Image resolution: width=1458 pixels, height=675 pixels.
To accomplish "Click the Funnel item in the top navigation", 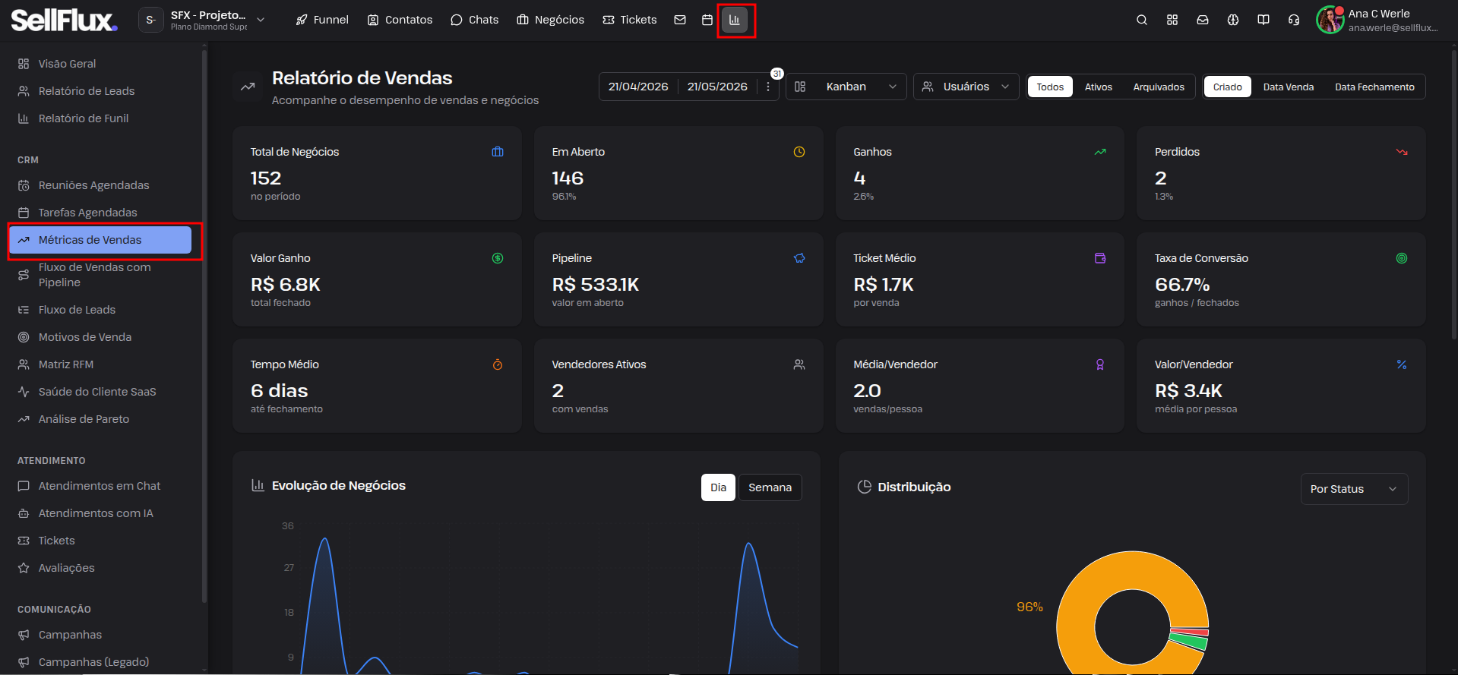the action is point(322,20).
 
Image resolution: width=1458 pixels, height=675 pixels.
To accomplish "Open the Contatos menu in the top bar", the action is point(400,20).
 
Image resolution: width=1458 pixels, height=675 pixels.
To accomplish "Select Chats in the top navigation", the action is point(475,20).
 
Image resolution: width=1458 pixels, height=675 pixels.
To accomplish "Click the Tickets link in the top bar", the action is point(630,20).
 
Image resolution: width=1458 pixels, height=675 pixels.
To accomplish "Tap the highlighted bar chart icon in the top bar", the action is point(735,20).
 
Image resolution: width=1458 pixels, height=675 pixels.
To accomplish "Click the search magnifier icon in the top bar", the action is point(1142,20).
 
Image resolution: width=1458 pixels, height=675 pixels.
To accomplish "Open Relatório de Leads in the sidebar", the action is point(87,91).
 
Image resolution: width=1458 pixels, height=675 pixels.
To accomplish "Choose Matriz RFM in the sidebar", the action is point(66,364).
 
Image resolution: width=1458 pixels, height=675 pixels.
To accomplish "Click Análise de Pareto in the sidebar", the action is point(84,419).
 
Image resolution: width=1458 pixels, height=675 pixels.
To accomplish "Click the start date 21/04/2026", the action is point(638,87).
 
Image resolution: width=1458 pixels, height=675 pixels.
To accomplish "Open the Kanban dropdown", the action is point(846,87).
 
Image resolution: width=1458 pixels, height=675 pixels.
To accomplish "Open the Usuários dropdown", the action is point(966,87).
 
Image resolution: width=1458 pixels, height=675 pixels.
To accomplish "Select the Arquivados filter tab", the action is point(1159,87).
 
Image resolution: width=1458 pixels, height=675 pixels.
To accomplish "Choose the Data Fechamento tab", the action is point(1374,87).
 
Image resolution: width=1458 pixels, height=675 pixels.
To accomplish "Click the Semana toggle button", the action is point(770,487).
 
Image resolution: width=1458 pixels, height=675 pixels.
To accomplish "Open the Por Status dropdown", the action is point(1354,489).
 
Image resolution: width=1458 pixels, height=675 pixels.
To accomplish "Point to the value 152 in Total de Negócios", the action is point(266,178).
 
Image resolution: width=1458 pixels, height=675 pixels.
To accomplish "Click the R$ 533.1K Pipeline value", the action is point(596,285).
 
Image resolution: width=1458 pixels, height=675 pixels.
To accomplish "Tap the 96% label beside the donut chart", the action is point(1029,607).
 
